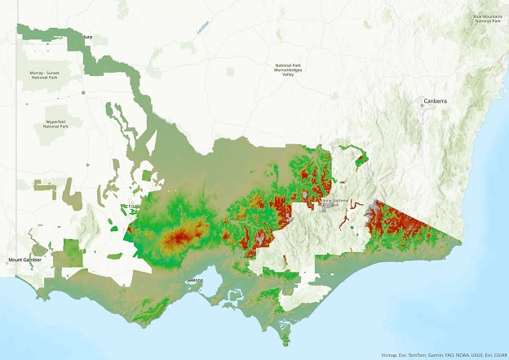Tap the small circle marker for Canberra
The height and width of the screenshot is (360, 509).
coord(422,105)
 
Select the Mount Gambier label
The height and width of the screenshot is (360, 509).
coord(24,260)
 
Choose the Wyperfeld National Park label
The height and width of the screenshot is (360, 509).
coord(55,125)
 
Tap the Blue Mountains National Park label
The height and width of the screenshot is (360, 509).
coord(487,18)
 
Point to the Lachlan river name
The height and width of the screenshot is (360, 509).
coord(202,26)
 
